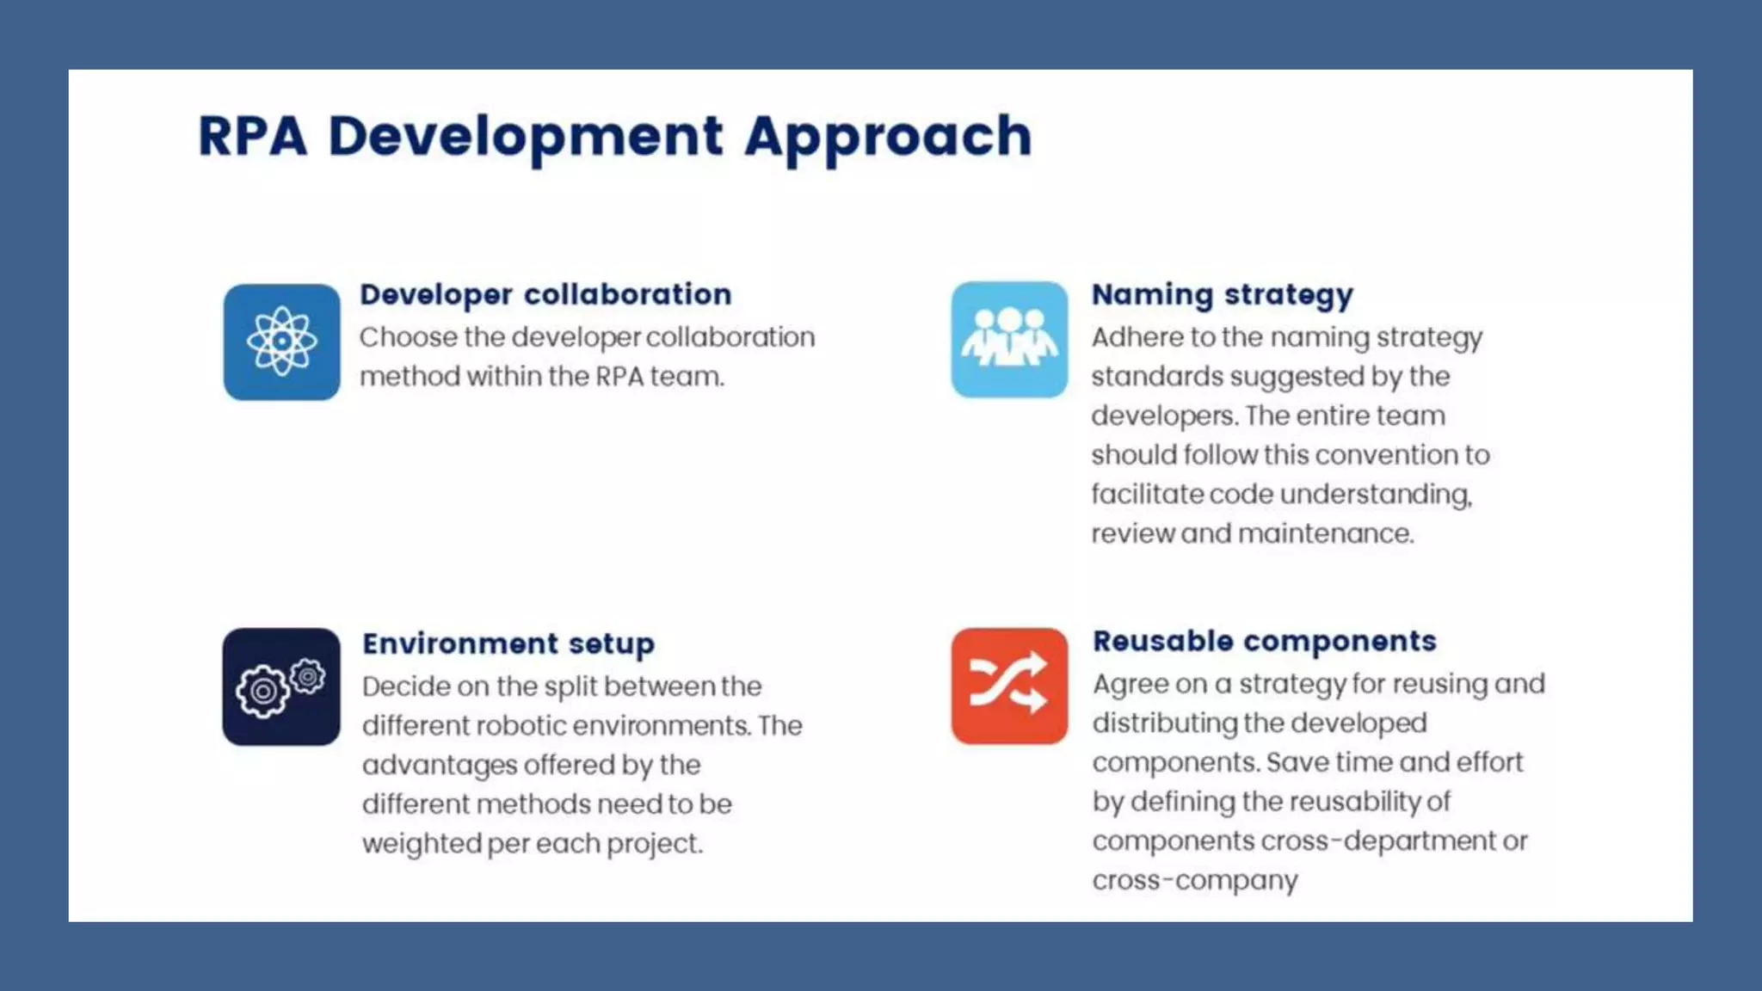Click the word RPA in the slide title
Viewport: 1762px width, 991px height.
pyautogui.click(x=252, y=137)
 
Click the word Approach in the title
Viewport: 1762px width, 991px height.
pyautogui.click(x=888, y=137)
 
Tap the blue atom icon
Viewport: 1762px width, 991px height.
pyautogui.click(x=282, y=342)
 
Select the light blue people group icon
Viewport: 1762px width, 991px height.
pyautogui.click(x=1009, y=339)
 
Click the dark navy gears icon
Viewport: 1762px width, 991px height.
pyautogui.click(x=281, y=686)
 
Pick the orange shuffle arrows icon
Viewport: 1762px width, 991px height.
pyautogui.click(x=1009, y=686)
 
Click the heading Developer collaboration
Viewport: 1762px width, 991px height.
pyautogui.click(x=545, y=295)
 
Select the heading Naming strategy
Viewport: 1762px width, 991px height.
pyautogui.click(x=1222, y=295)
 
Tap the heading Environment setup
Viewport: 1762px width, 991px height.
pyautogui.click(x=508, y=643)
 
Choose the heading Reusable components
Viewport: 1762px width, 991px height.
pyautogui.click(x=1265, y=641)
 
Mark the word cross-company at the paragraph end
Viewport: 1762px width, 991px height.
pyautogui.click(x=1195, y=881)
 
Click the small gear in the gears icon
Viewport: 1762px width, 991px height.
pyautogui.click(x=307, y=676)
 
